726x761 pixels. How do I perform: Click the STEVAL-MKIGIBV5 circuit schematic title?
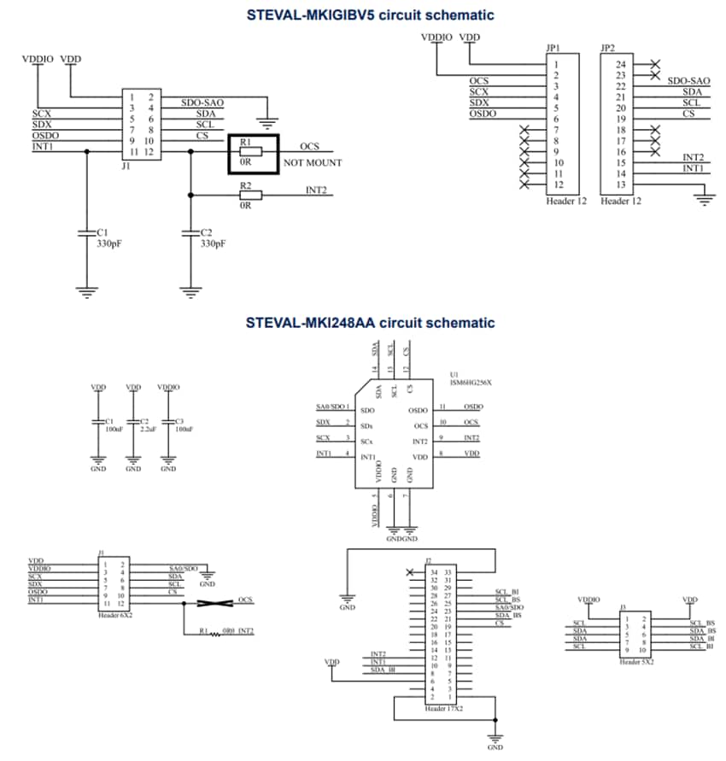pos(370,15)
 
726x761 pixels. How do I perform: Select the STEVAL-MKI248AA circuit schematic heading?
pos(370,323)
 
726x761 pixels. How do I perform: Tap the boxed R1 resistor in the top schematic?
pos(253,153)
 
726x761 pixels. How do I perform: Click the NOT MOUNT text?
pos(313,162)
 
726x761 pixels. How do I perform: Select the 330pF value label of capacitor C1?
pos(109,243)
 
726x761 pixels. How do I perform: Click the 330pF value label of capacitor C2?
pos(213,243)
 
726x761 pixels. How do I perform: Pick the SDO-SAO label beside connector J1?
pos(202,102)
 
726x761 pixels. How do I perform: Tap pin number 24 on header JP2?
pos(620,65)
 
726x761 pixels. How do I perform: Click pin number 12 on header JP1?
pos(556,184)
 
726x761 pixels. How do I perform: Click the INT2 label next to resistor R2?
pos(316,190)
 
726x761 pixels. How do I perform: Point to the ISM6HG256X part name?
pos(471,383)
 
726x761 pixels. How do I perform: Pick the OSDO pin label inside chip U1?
pos(418,411)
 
